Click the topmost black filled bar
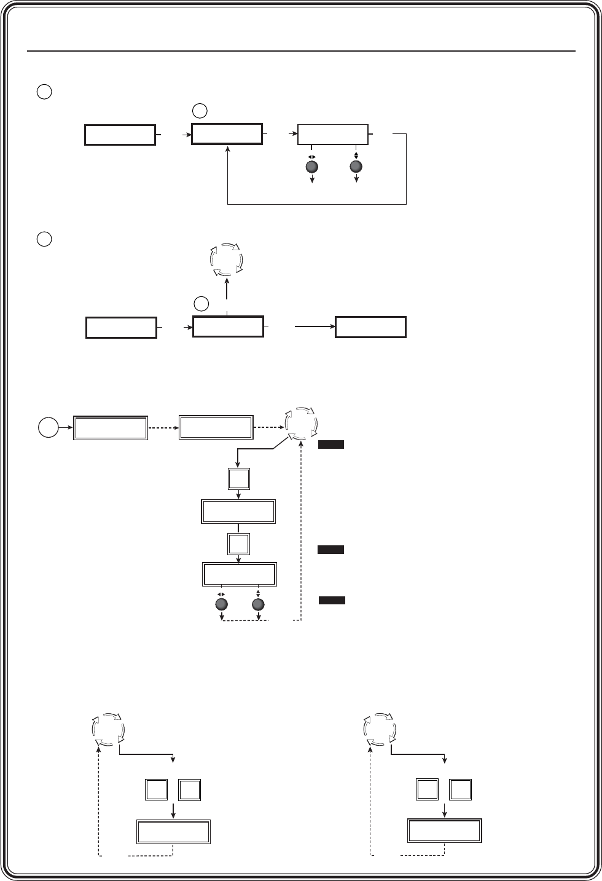click(330, 445)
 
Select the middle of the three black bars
click(330, 549)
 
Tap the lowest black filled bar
click(332, 600)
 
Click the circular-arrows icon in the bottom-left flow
click(107, 730)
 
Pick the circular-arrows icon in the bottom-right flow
click(380, 730)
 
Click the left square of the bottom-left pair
click(157, 790)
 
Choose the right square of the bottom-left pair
click(189, 790)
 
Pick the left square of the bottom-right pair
click(428, 790)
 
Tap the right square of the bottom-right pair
click(461, 790)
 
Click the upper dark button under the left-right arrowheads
click(311, 167)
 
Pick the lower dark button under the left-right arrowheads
click(222, 604)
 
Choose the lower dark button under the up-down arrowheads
click(258, 604)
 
